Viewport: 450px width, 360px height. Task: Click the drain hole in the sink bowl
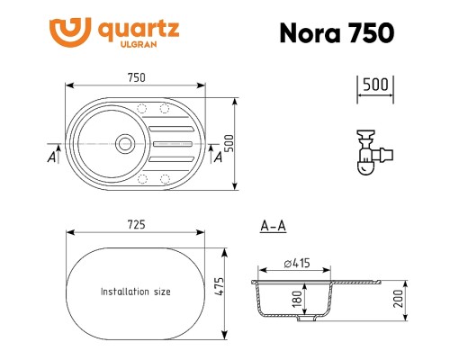pos(125,142)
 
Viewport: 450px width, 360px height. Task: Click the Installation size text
pos(135,292)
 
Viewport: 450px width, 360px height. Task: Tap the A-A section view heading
pos(273,227)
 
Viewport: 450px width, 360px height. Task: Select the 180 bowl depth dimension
pos(297,298)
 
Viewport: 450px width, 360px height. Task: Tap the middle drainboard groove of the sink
pos(172,142)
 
